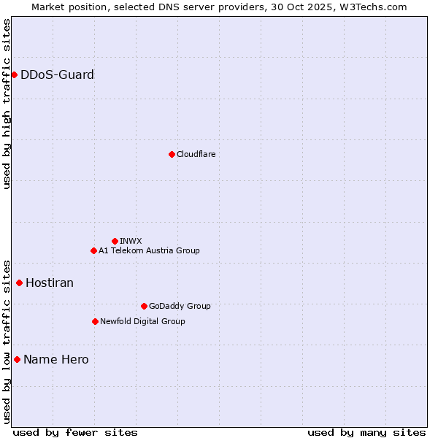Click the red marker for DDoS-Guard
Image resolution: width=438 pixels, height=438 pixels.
(14, 74)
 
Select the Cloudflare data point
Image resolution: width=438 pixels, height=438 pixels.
(172, 154)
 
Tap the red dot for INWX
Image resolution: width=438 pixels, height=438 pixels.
(115, 241)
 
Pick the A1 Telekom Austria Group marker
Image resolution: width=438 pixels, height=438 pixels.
(93, 250)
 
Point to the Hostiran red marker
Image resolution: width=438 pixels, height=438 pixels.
(19, 283)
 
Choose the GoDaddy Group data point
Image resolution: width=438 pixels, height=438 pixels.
(144, 306)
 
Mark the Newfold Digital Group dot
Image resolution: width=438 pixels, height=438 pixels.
(95, 321)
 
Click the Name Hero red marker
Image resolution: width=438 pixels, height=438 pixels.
(17, 359)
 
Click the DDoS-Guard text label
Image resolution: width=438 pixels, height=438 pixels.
(57, 74)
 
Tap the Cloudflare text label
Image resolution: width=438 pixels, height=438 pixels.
(196, 154)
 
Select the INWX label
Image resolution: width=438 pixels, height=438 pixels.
(131, 241)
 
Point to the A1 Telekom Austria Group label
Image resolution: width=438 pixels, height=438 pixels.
(149, 250)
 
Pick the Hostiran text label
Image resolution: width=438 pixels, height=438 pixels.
(50, 283)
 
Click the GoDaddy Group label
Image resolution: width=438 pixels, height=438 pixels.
(180, 306)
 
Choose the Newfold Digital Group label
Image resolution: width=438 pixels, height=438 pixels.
(142, 321)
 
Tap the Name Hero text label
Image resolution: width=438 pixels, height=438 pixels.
(56, 359)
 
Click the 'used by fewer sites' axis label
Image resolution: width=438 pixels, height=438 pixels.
(75, 432)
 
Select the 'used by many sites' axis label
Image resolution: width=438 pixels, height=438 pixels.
(366, 432)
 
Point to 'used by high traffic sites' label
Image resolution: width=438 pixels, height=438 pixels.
(7, 104)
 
